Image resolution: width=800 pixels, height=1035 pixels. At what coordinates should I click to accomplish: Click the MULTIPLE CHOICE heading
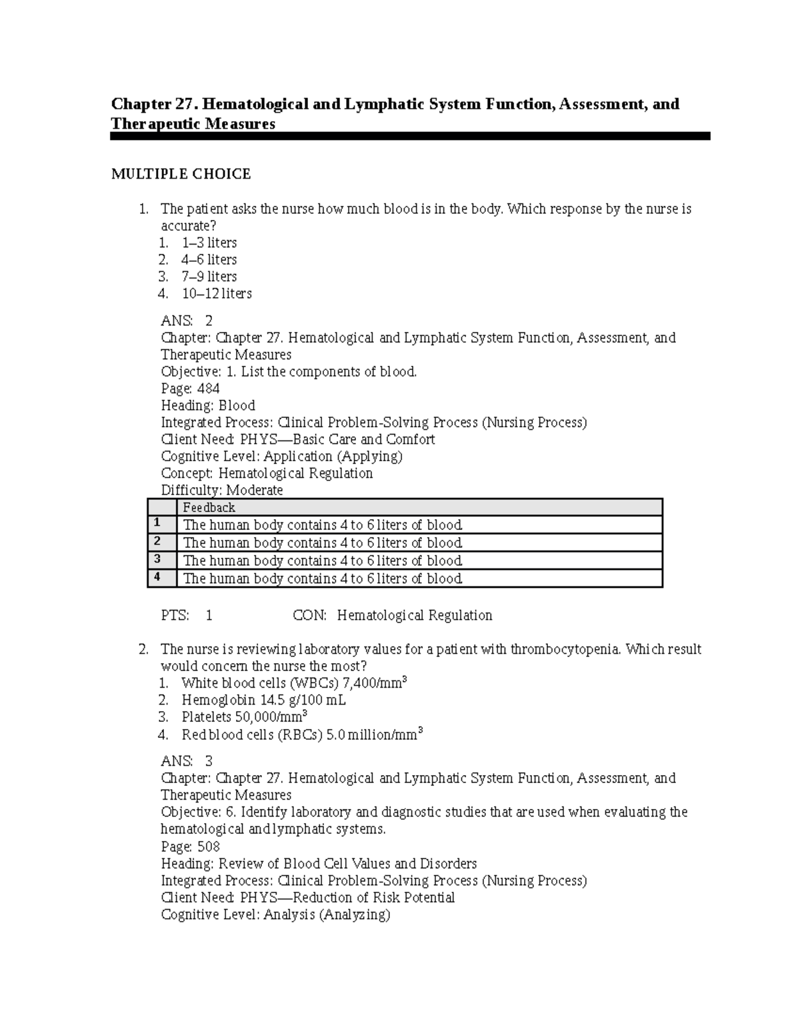[181, 174]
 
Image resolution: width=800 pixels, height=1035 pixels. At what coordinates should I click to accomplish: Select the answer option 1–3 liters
[209, 243]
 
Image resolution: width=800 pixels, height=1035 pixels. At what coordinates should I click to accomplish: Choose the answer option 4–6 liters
[209, 259]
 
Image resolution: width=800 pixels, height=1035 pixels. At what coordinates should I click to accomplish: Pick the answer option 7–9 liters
[209, 276]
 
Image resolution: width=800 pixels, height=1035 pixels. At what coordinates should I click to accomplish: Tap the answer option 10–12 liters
[216, 293]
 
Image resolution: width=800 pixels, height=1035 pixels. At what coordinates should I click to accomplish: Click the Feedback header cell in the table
[209, 507]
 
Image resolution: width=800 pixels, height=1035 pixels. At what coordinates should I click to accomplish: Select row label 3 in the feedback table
[157, 558]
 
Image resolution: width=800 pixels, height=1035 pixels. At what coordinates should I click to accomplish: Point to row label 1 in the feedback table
[157, 522]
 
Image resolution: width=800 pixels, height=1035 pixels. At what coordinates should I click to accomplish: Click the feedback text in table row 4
[323, 578]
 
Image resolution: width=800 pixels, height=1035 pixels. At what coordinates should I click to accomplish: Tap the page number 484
[209, 389]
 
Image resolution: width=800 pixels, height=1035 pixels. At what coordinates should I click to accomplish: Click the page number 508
[209, 846]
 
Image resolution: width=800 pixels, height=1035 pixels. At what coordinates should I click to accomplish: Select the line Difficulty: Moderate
[222, 490]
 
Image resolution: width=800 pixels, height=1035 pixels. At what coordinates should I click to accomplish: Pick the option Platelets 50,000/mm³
[244, 717]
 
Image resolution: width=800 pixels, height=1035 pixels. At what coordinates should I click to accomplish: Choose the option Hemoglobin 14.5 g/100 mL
[263, 700]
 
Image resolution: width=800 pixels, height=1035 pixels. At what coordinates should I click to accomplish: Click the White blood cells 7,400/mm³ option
[293, 683]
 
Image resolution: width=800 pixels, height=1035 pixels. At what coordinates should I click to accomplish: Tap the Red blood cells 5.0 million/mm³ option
[302, 734]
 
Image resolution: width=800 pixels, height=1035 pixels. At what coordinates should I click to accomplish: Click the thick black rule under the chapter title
[410, 136]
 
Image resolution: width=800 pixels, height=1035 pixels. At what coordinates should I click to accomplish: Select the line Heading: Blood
[208, 405]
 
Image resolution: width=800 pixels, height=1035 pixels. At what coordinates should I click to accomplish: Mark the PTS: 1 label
[187, 615]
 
